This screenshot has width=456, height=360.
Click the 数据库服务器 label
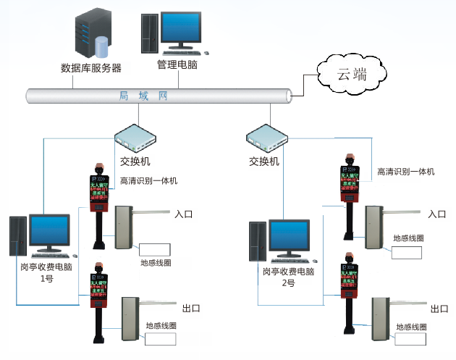tap(91, 69)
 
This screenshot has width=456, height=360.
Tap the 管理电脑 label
tap(178, 65)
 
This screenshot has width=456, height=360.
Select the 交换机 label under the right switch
tap(264, 161)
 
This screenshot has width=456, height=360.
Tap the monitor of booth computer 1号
tap(49, 232)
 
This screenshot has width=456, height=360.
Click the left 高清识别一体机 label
tap(148, 180)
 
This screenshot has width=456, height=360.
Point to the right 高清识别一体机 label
tap(405, 172)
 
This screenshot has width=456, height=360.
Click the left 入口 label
tap(185, 214)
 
